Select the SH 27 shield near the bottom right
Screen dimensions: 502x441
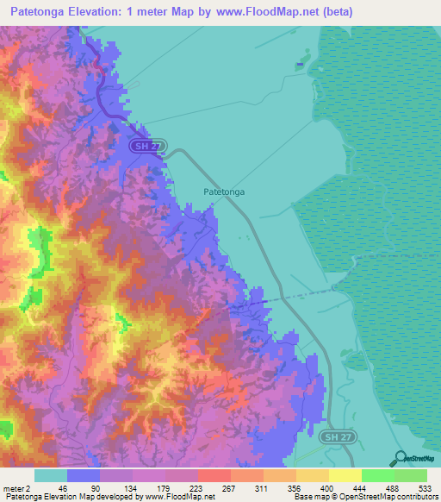pyautogui.click(x=337, y=438)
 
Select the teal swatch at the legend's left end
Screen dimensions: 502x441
pyautogui.click(x=51, y=475)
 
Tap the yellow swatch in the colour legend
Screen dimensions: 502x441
pyautogui.click(x=345, y=475)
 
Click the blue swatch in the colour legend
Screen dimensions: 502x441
pyautogui.click(x=84, y=475)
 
